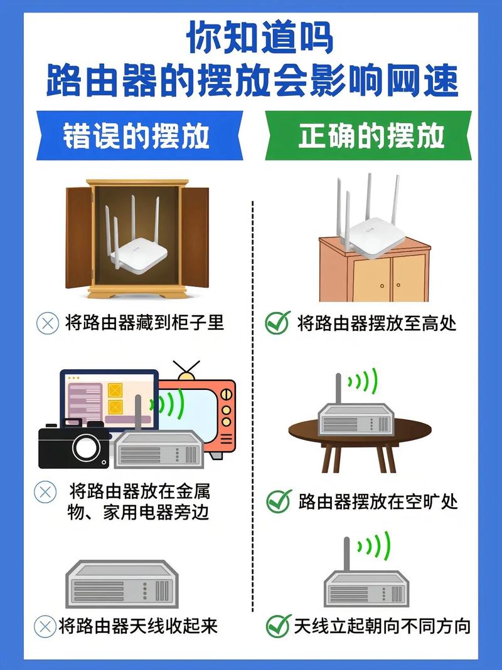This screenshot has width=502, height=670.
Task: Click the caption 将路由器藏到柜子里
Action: coord(144,323)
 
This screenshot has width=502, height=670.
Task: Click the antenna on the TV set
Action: coord(186,369)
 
